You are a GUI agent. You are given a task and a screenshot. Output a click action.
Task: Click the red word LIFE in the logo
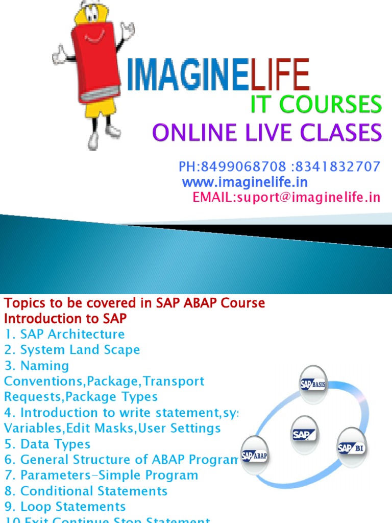tap(280, 76)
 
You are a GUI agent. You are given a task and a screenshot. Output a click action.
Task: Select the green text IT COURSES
tap(315, 105)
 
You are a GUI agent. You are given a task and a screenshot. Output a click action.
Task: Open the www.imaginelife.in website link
tap(245, 182)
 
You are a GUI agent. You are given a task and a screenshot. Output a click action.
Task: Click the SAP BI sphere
tap(352, 448)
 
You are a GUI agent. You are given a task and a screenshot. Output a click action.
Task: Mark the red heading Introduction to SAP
tap(65, 319)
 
